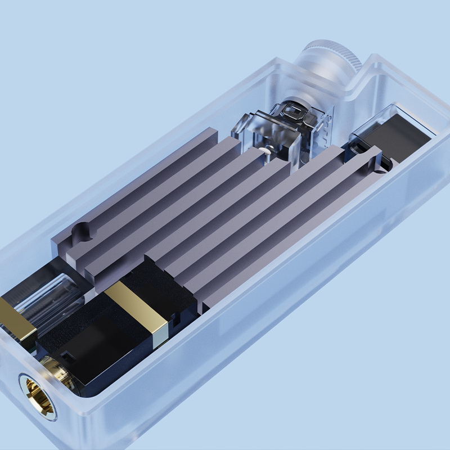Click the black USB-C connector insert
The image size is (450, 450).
tap(394, 135)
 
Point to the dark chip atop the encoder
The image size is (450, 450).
tap(294, 110)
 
